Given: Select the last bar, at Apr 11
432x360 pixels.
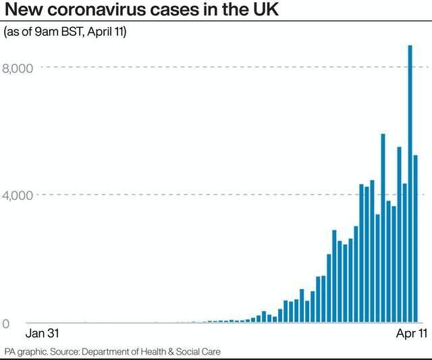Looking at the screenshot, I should [x=416, y=239].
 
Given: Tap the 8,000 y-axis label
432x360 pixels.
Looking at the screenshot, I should [x=22, y=68].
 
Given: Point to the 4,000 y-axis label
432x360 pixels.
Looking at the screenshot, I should [x=22, y=196].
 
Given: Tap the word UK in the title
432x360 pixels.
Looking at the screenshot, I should [x=277, y=12].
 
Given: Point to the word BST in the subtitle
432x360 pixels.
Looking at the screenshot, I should [x=74, y=33].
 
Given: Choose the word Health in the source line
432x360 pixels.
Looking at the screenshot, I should [x=158, y=352].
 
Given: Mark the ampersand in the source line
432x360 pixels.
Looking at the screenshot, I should [x=179, y=352].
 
